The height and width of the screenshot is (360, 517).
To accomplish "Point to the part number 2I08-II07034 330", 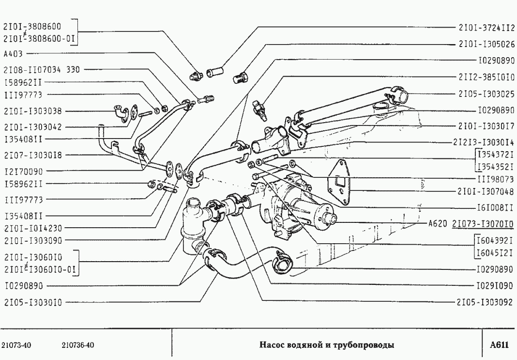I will tap(41, 70).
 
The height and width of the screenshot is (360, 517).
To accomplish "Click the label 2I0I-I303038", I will tap(32, 110).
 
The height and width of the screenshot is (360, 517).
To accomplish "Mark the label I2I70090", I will tap(24, 171).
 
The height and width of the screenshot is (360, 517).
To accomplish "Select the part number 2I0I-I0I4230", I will tap(32, 227).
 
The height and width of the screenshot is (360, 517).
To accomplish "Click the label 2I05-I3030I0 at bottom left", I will tap(32, 302).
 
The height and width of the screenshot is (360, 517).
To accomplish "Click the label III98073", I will tap(495, 179).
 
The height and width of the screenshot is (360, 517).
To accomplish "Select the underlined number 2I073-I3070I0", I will tap(483, 224).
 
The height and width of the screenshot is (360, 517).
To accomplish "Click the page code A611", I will tap(499, 345).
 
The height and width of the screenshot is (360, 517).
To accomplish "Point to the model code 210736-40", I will tap(77, 345).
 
